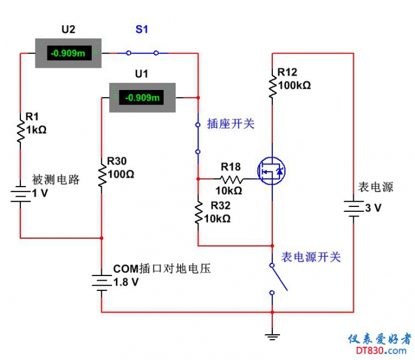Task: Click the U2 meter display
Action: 68,53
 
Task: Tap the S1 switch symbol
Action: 142,53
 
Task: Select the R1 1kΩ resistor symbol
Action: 20,130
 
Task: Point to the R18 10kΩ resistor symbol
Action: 231,179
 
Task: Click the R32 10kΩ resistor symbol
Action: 198,214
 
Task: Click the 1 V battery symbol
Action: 20,194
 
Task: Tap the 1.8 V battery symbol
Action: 101,282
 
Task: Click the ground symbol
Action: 273,337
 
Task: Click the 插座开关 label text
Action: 231,124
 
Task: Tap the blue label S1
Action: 142,29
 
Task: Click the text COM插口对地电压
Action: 162,268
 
